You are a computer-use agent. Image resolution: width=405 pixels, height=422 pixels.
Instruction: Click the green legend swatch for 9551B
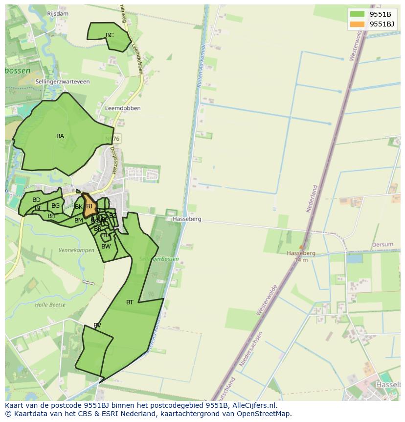[357, 14]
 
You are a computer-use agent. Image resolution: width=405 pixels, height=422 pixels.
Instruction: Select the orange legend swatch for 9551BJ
[357, 24]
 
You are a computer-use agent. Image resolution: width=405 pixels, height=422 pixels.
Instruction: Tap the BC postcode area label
[110, 35]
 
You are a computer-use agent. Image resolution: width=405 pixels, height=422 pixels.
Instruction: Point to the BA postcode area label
[60, 136]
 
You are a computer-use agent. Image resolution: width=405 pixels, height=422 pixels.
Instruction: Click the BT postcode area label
[130, 302]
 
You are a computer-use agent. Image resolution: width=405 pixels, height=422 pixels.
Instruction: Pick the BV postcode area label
[97, 325]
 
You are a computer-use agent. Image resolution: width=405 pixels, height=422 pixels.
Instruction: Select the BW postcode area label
[106, 247]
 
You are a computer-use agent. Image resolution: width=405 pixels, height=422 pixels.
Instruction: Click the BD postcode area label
[37, 200]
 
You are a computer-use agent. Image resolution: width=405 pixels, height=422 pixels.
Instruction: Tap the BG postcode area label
[56, 206]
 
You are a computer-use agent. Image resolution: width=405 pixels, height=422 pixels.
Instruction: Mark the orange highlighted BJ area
[89, 206]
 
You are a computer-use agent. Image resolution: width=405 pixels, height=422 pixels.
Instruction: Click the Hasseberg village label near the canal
[186, 219]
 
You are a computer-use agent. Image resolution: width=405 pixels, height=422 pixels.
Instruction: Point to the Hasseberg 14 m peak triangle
[301, 247]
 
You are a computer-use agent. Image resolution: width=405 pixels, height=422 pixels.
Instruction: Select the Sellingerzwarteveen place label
[63, 82]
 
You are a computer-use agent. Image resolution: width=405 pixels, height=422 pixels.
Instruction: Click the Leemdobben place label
[123, 108]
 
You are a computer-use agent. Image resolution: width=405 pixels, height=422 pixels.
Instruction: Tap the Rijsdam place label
[58, 14]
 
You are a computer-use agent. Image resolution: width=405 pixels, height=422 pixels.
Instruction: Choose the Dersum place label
[382, 245]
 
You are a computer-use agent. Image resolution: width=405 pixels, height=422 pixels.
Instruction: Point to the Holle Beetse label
[50, 305]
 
